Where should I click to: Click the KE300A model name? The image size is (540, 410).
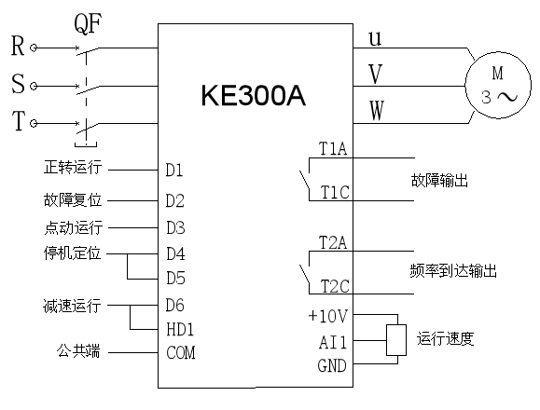coord(253,95)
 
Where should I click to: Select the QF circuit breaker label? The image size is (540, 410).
coord(88,23)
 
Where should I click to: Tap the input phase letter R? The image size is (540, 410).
coord(18,46)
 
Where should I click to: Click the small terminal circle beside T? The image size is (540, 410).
coord(34,123)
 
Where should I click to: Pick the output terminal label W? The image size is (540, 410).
coord(377,110)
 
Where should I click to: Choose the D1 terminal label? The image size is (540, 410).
coord(174,170)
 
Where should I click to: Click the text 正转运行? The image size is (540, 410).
coord(73,167)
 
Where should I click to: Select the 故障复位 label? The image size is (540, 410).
coord(73,199)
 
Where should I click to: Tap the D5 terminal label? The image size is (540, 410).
coord(175,278)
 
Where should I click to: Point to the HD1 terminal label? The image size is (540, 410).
coord(180,329)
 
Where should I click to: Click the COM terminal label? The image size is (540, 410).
coord(181,353)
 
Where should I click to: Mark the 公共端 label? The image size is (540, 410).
coord(78,351)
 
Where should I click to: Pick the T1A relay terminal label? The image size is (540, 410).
coord(333,149)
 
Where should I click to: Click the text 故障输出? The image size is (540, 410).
coord(439,180)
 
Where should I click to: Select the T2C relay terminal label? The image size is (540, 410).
coord(335,286)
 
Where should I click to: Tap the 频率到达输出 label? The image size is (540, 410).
coord(453,271)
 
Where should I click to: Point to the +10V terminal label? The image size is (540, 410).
coord(328,317)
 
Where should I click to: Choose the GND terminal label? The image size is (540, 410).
coord(332,365)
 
